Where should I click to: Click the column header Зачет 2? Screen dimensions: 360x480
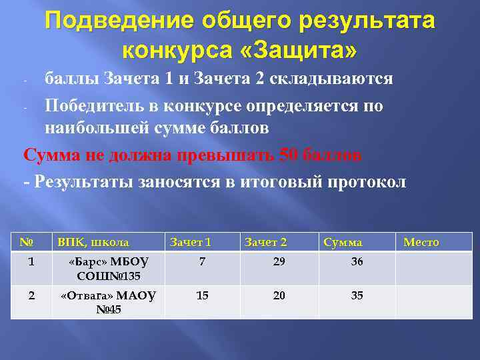(265, 242)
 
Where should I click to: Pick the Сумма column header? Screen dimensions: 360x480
(343, 242)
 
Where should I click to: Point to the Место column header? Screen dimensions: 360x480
(421, 242)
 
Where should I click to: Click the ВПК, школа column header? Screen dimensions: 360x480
(93, 242)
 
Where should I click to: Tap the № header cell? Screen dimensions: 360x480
(27, 242)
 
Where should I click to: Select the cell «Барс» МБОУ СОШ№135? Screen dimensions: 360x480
(109, 269)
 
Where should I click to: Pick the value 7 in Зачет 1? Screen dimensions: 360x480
(202, 262)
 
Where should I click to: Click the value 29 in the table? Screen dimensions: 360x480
(279, 262)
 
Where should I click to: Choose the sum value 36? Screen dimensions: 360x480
(357, 262)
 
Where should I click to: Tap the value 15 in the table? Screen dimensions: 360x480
(202, 295)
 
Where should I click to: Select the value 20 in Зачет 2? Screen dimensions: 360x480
(279, 295)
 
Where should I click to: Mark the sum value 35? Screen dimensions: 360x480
(357, 295)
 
